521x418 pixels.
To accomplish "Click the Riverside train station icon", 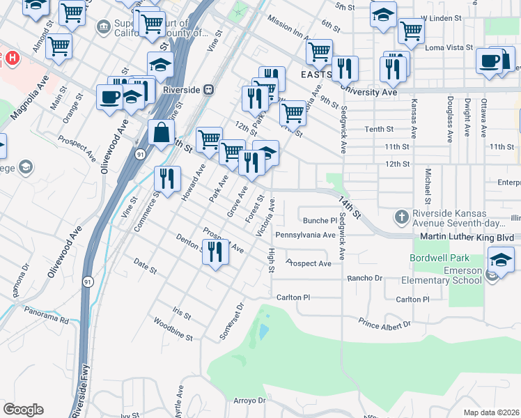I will pos(208,90).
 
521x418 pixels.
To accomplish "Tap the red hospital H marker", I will pos(12,57).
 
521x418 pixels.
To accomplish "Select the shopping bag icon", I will pos(162,132).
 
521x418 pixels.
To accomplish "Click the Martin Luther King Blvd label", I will pos(467,238).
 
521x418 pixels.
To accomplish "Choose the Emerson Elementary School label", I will pos(442,275).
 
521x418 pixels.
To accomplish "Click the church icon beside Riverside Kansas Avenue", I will pos(401,217).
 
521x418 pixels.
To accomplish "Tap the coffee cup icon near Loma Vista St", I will pos(490,61).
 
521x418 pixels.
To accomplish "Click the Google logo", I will pos(23,409).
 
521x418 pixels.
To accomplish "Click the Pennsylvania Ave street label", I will pos(306,235).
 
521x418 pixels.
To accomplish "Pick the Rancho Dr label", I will pos(366,278).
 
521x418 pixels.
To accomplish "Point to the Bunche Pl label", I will pos(320,220).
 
